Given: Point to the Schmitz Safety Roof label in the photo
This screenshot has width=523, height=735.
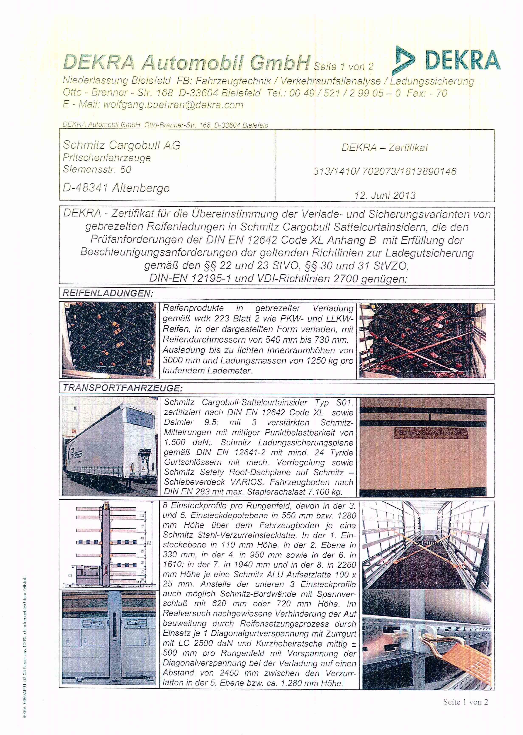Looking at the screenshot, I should pos(425,433).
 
